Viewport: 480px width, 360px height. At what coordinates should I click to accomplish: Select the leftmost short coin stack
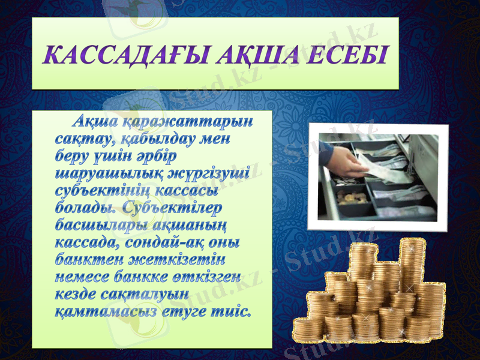pos(308,328)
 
